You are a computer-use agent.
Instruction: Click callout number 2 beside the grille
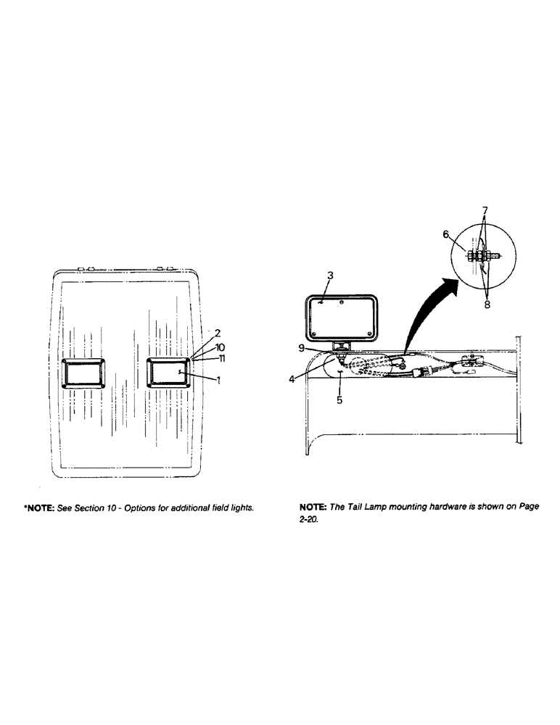click(x=218, y=333)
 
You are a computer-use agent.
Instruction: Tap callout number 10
click(x=220, y=347)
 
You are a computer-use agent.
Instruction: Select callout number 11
click(x=221, y=358)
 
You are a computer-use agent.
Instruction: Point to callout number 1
click(x=218, y=380)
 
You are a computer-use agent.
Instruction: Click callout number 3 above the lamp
click(x=330, y=275)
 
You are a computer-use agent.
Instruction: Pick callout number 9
click(x=302, y=347)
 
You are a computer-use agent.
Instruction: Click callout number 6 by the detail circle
click(x=447, y=234)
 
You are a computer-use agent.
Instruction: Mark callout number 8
click(x=487, y=304)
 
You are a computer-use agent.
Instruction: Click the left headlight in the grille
click(x=85, y=373)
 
